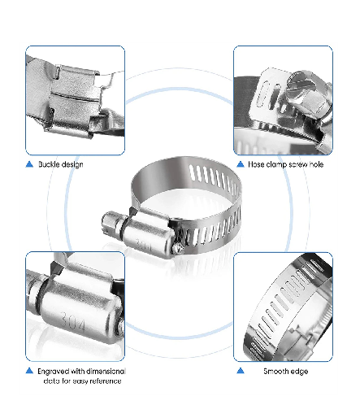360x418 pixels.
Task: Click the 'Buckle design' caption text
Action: pyautogui.click(x=61, y=164)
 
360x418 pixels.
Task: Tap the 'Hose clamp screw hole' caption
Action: pyautogui.click(x=286, y=164)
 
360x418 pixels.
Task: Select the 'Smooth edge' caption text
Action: pyautogui.click(x=286, y=371)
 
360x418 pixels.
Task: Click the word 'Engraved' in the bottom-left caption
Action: pyautogui.click(x=53, y=372)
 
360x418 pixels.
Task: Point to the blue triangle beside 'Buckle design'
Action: pyautogui.click(x=29, y=164)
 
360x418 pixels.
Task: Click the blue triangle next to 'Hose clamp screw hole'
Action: pyautogui.click(x=241, y=164)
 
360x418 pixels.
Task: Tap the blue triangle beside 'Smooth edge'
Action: pyautogui.click(x=241, y=371)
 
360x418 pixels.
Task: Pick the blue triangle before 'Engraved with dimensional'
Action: pyautogui.click(x=29, y=371)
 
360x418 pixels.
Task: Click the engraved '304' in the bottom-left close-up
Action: pyautogui.click(x=72, y=321)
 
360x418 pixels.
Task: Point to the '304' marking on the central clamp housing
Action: pyautogui.click(x=144, y=244)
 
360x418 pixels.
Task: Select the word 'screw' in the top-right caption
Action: pyautogui.click(x=298, y=164)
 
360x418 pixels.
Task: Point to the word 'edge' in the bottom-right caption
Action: pyautogui.click(x=300, y=372)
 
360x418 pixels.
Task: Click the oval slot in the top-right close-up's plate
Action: pyautogui.click(x=262, y=95)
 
